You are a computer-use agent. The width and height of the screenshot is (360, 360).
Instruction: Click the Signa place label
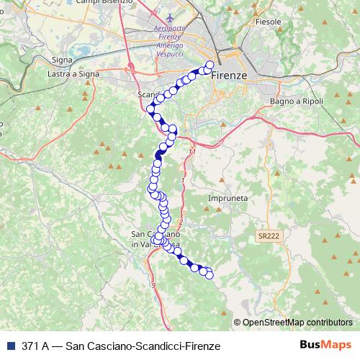63,61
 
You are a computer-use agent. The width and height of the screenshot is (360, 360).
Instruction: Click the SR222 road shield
268,235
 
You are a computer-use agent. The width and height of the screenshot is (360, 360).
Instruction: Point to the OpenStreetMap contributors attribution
297,323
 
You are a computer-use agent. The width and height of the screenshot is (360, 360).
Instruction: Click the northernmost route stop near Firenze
210,66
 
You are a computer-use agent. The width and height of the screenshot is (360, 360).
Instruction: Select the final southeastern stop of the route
210,274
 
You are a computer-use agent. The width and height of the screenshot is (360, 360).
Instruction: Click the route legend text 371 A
35,346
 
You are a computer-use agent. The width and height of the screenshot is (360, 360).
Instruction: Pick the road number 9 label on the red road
153,286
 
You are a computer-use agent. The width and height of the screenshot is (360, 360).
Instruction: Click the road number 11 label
192,153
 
